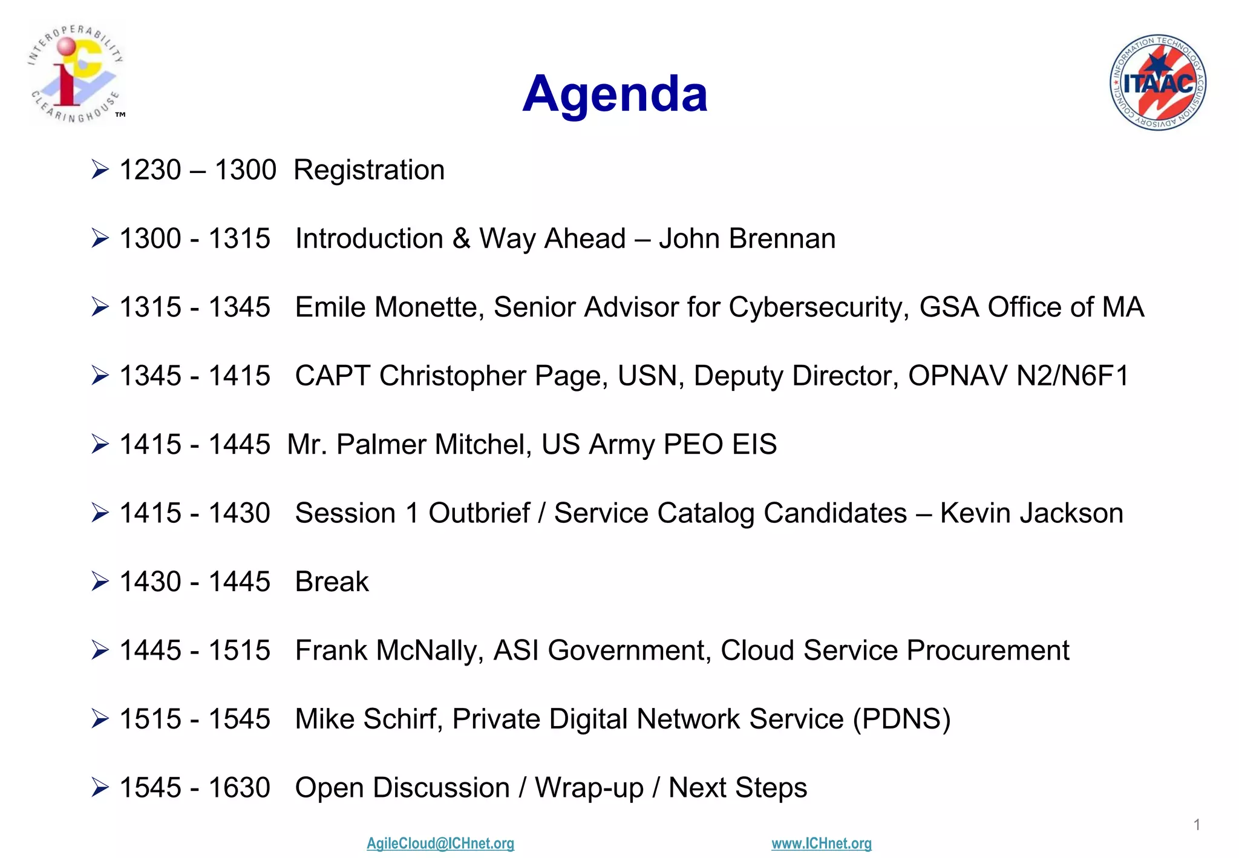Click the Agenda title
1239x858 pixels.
tap(615, 94)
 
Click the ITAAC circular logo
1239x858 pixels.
tap(1157, 82)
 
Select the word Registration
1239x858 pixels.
tap(369, 170)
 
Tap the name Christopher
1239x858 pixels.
tap(453, 376)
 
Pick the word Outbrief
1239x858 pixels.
tap(479, 513)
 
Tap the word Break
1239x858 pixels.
tap(332, 582)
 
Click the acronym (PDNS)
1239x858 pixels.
tap(901, 719)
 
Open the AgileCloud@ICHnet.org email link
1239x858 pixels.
tap(440, 843)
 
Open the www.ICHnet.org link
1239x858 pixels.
tap(822, 843)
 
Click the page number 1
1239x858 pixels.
tap(1197, 825)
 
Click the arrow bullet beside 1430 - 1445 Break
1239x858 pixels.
tap(100, 582)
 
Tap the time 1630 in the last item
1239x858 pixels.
tap(239, 788)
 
